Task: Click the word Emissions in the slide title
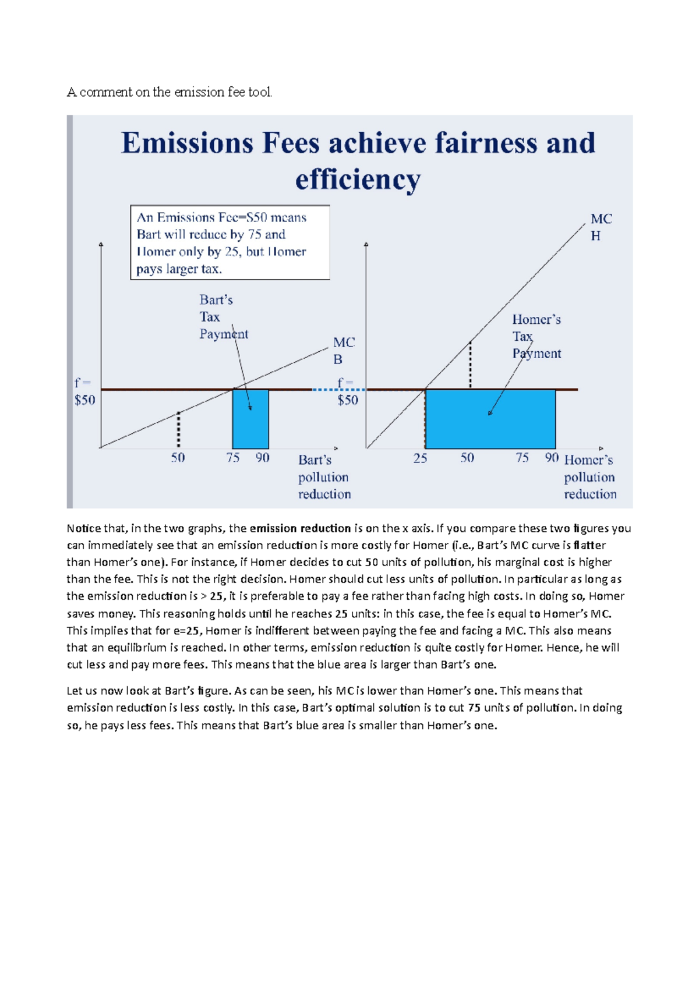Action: pos(186,143)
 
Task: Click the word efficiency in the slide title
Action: pos(357,179)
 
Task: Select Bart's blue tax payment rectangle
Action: pos(250,419)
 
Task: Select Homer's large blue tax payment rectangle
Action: pos(490,419)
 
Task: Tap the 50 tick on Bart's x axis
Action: pos(178,458)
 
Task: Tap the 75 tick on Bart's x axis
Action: pos(233,458)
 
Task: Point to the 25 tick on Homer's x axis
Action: pos(420,458)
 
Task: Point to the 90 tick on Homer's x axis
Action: pos(552,458)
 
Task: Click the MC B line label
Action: pos(343,351)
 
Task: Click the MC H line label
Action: pos(601,227)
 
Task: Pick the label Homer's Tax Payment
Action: pos(536,336)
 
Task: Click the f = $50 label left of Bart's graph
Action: pos(84,391)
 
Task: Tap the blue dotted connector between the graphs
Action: pos(326,390)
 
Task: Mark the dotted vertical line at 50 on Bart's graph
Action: pos(178,430)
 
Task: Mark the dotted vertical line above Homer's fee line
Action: pos(470,365)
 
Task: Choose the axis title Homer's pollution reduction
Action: pos(589,477)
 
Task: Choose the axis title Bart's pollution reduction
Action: pos(324,477)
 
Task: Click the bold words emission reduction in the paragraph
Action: pos(300,528)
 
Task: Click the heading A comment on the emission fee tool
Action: pos(170,92)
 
